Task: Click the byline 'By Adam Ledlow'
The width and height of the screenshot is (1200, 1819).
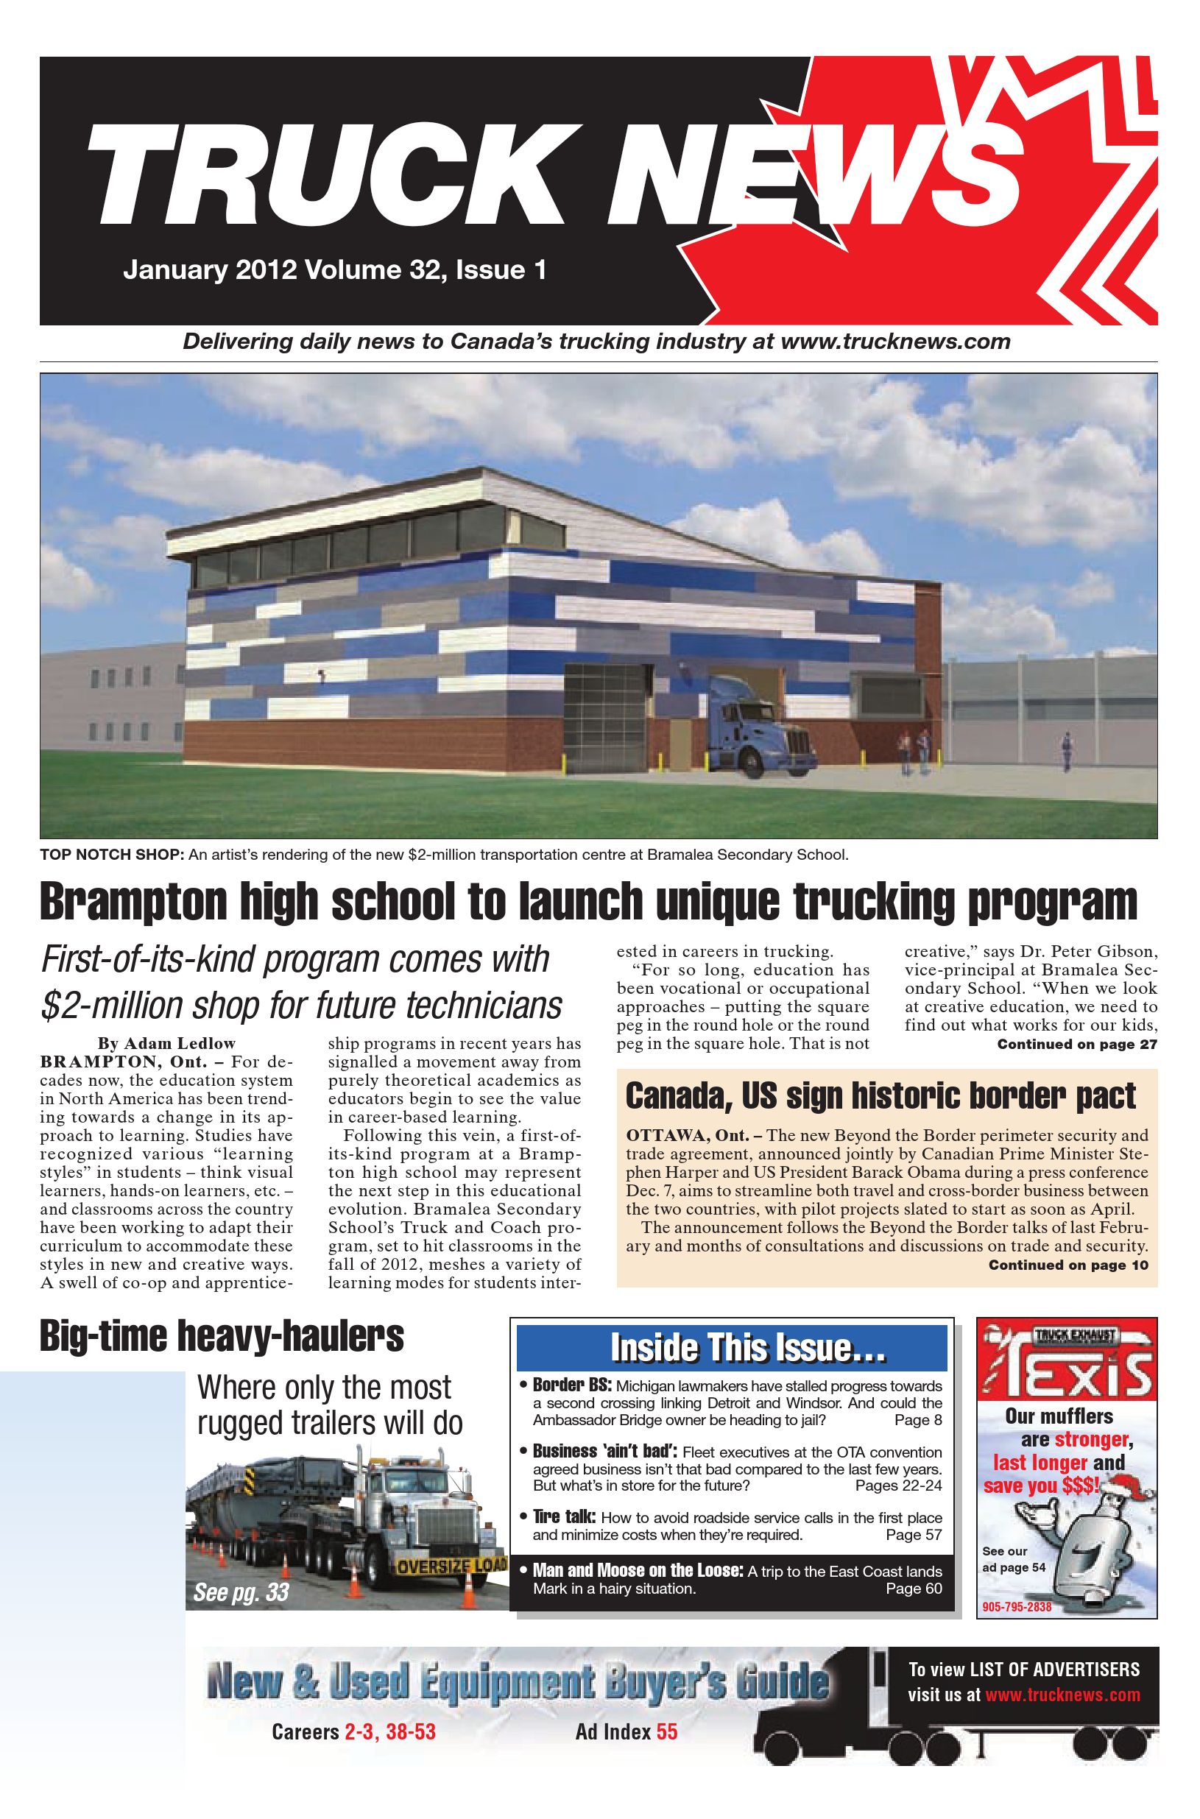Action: click(166, 1043)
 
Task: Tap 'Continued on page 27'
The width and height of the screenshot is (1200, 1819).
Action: click(1076, 1045)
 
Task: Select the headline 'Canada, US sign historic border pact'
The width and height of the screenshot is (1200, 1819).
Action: click(880, 1097)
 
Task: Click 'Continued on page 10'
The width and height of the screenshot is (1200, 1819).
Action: click(1067, 1265)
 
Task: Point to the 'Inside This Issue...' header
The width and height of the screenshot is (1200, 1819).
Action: click(747, 1348)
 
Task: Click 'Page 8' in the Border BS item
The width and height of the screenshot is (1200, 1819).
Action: click(917, 1420)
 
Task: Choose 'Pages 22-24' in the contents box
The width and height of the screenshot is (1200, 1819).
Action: click(897, 1486)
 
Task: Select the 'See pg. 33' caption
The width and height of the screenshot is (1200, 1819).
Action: click(241, 1592)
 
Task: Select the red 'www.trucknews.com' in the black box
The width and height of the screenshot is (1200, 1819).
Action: click(1062, 1695)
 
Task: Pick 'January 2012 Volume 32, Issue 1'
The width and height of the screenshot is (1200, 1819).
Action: click(334, 270)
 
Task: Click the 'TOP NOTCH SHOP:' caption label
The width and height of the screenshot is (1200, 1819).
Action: click(112, 854)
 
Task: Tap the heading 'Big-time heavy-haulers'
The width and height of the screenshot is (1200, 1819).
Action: click(222, 1336)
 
